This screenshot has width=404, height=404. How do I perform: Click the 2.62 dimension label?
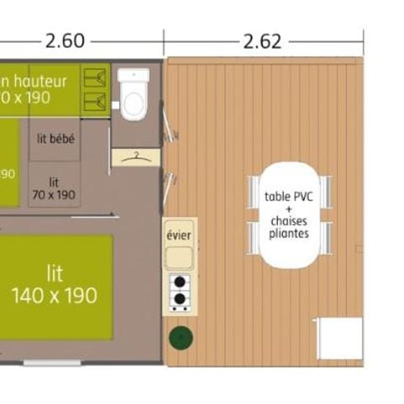[262, 40]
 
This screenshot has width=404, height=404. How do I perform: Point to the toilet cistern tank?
[134, 77]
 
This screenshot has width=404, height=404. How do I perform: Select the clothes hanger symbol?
[136, 157]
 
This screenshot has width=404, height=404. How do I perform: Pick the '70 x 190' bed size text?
[55, 194]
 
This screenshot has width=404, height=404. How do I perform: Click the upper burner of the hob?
[178, 282]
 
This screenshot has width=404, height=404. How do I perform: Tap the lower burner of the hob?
[178, 298]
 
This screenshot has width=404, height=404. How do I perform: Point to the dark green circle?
[179, 339]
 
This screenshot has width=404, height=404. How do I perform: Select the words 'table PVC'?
[288, 197]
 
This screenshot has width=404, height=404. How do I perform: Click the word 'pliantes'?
[289, 233]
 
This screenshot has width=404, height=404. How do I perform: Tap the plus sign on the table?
[289, 209]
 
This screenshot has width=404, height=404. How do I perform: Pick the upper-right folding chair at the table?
[325, 190]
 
